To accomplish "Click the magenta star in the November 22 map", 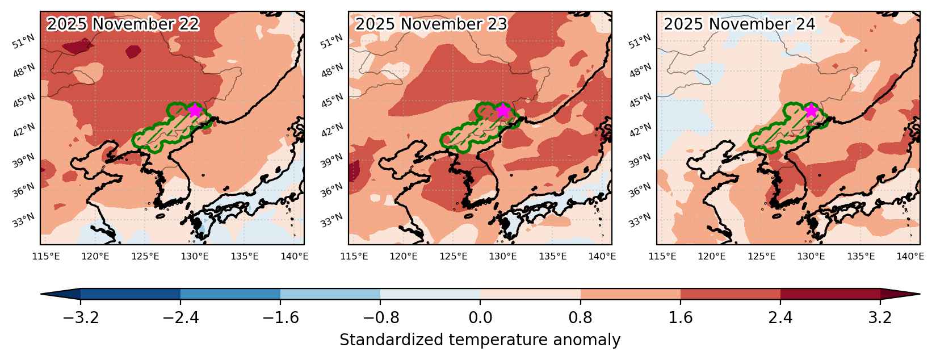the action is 195,111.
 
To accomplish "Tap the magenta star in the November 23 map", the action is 503,111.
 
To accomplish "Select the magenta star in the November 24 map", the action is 811,111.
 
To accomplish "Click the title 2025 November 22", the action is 123,24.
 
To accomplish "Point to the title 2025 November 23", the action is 431,24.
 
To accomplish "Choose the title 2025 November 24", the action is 740,24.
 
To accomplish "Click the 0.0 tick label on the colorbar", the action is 480,318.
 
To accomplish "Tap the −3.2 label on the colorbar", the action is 81,318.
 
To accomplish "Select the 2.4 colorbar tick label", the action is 780,318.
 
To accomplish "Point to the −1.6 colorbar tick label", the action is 280,318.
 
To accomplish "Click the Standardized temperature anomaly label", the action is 480,340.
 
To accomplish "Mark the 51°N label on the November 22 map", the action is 24,42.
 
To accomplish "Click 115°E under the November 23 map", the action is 354,256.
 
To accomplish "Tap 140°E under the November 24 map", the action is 910,256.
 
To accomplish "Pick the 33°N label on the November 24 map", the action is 640,220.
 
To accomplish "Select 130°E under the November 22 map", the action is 195,256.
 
